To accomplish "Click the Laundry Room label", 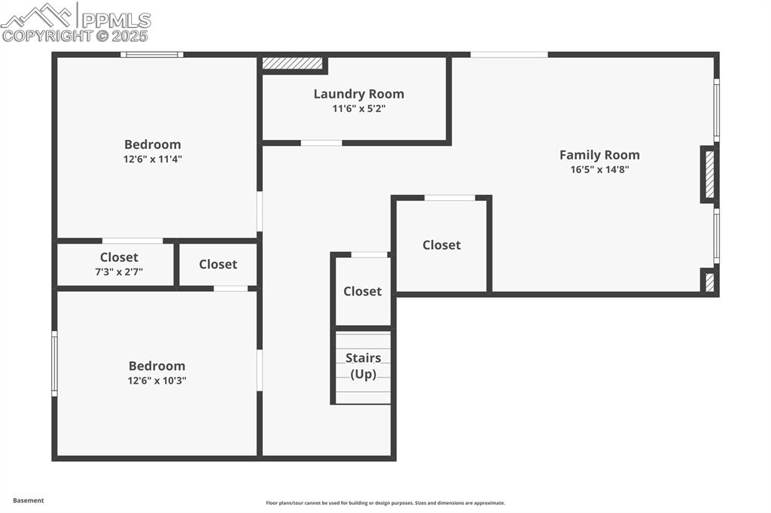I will [x=358, y=94].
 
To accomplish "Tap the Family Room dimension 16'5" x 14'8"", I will [x=599, y=170].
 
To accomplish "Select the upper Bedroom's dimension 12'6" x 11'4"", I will [x=153, y=159].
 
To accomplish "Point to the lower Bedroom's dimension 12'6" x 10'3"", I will [x=157, y=381].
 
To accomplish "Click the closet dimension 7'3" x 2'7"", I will [x=119, y=272].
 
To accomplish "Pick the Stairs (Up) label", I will [x=363, y=366].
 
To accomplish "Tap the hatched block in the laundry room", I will [x=292, y=64].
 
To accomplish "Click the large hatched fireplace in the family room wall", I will [x=709, y=175].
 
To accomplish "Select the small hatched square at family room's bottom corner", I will [x=709, y=281].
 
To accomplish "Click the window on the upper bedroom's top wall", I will [x=152, y=54].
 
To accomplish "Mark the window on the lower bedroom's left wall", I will [x=54, y=364].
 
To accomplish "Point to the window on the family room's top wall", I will [x=509, y=54].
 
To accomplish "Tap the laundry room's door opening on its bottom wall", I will [x=322, y=143].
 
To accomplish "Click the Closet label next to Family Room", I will [x=441, y=245].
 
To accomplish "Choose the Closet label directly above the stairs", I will [x=362, y=291].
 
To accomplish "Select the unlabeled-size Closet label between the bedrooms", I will [x=218, y=264].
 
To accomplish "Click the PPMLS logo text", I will [x=115, y=20].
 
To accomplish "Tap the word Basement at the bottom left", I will [x=29, y=500].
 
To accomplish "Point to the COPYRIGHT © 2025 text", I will [x=75, y=35].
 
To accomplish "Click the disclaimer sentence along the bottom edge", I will [x=385, y=503].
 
